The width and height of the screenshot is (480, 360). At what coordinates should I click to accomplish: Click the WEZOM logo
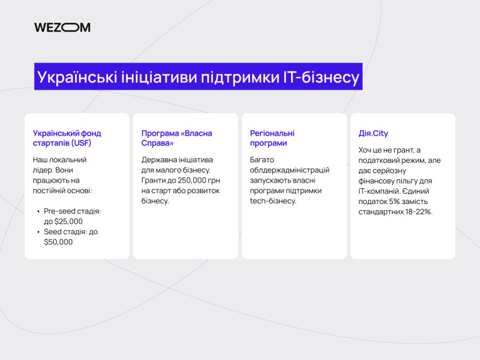click(62, 27)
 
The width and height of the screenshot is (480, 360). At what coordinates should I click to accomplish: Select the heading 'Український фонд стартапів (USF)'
click(67, 138)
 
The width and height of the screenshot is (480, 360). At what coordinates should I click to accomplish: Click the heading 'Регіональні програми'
click(272, 138)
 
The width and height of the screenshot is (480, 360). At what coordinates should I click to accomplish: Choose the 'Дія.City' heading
click(373, 133)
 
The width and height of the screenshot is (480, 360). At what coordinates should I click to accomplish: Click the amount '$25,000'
click(69, 222)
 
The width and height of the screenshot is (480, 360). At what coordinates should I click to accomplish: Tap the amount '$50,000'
click(58, 242)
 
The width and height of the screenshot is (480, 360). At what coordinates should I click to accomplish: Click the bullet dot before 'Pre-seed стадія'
click(38, 212)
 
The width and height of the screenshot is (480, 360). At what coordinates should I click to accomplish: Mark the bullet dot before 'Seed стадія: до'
click(38, 232)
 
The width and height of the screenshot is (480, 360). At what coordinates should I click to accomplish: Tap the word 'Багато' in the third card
click(262, 160)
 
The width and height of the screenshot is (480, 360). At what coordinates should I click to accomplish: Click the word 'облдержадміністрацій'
click(289, 170)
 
